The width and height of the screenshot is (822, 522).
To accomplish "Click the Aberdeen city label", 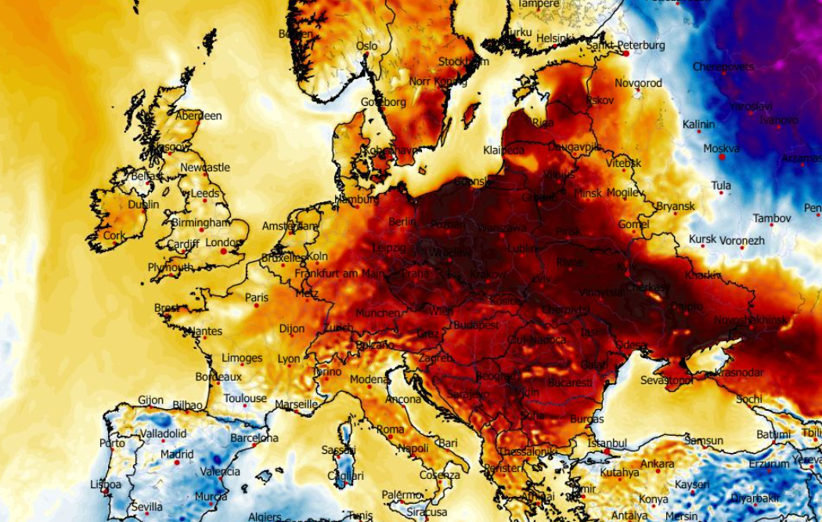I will [x=198, y=116].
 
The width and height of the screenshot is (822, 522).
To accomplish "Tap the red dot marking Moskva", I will [x=722, y=158].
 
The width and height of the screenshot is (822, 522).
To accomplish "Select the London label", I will [x=223, y=242].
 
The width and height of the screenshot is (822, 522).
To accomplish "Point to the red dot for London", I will [x=224, y=252].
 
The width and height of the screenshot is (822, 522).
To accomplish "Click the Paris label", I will [x=257, y=298].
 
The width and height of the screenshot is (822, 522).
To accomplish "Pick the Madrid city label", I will [x=177, y=454].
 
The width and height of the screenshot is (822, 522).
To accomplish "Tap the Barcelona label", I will [x=254, y=438].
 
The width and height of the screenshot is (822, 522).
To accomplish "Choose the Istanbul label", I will [x=608, y=443].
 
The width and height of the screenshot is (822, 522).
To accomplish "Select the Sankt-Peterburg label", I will [x=626, y=45].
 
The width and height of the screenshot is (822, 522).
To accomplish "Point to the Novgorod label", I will [x=638, y=83].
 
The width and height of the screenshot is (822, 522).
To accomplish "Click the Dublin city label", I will [x=143, y=205].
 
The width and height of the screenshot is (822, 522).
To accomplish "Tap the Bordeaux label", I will [x=218, y=377].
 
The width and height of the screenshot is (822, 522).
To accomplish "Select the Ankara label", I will [x=657, y=464].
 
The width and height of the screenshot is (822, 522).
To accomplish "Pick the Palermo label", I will [x=402, y=495].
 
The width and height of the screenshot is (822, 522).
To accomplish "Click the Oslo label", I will [x=366, y=46].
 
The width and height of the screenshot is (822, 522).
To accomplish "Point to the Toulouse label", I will [x=245, y=398].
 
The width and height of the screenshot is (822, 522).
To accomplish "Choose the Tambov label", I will [x=772, y=219].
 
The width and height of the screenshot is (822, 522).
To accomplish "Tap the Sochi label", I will [x=748, y=399].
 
